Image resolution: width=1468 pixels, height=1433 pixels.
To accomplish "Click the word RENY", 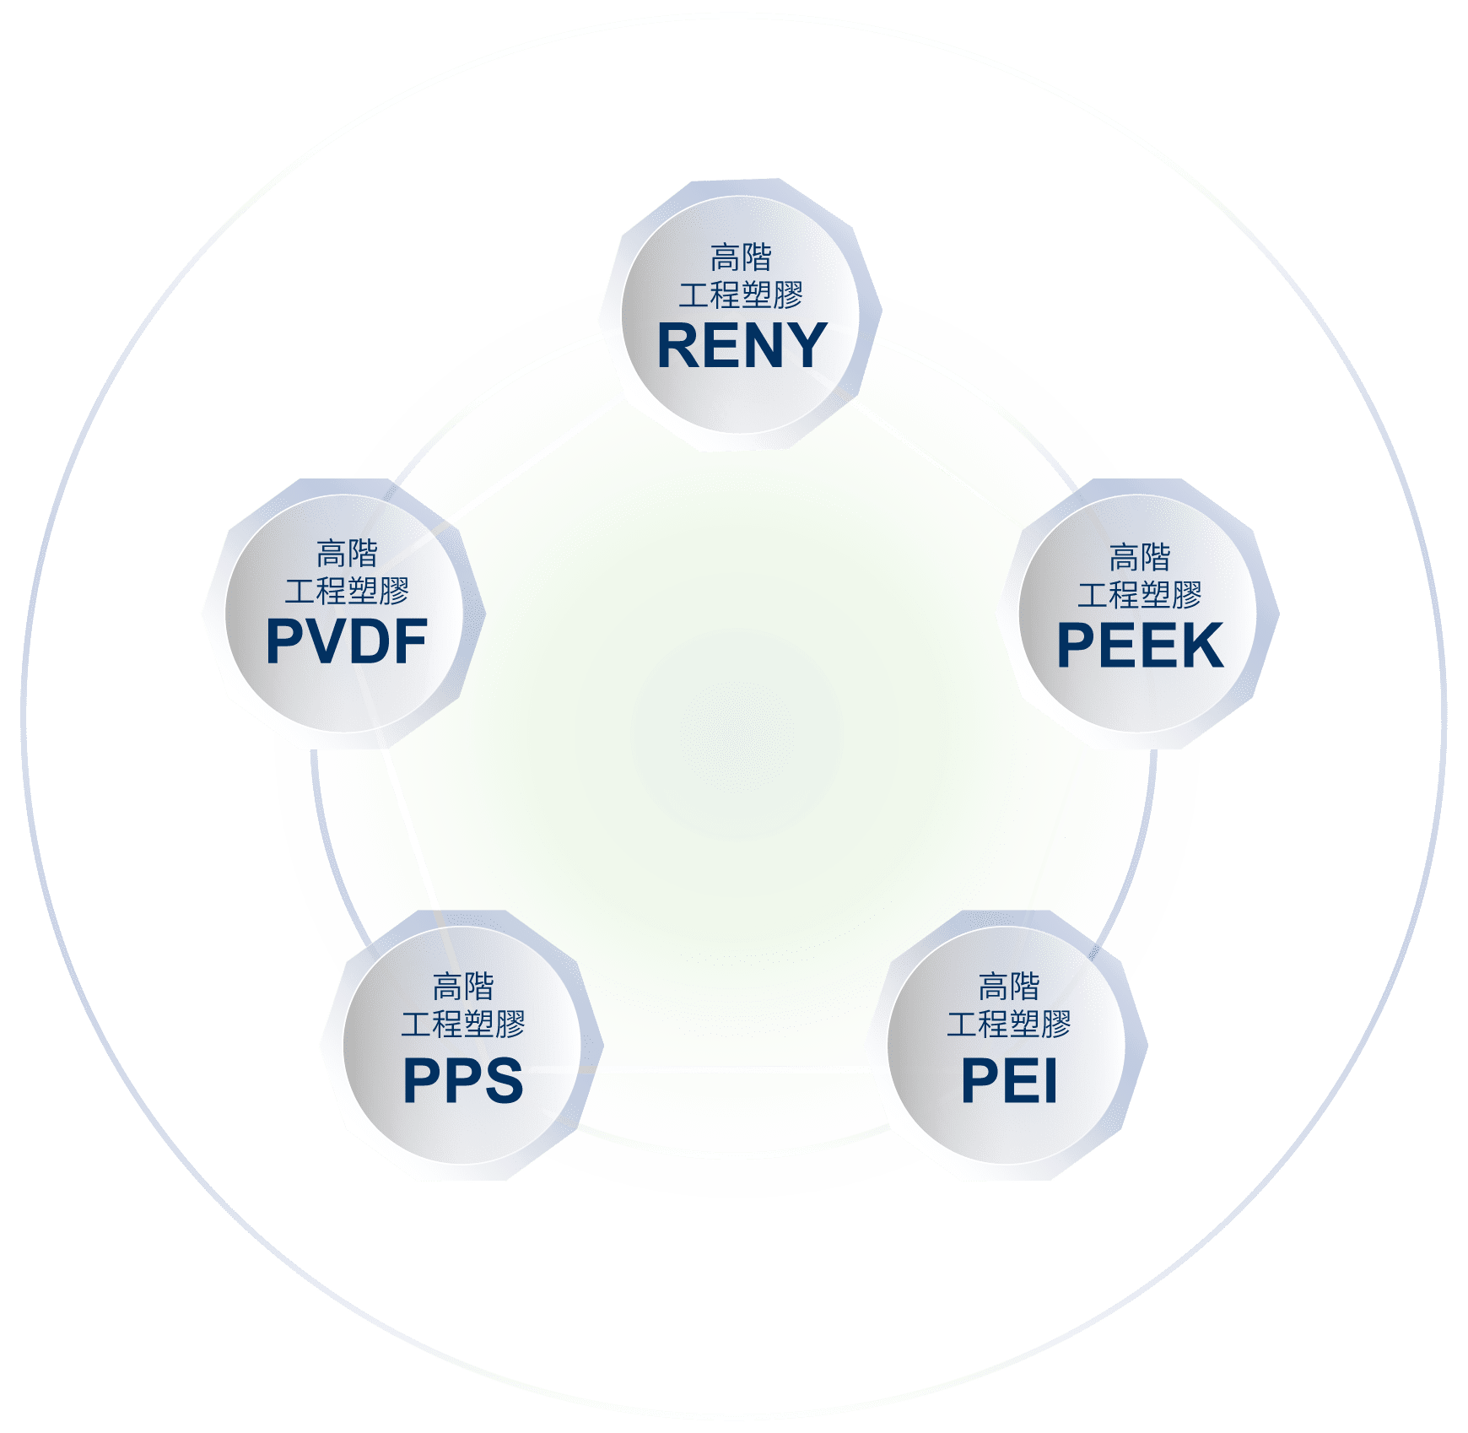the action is click(x=742, y=345).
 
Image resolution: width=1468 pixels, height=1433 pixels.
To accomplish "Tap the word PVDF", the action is click(x=347, y=641).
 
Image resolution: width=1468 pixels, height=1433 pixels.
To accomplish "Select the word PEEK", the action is click(x=1140, y=646).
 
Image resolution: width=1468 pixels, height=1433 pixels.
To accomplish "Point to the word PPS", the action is click(x=463, y=1080).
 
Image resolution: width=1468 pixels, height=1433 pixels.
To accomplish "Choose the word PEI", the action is click(x=1009, y=1080).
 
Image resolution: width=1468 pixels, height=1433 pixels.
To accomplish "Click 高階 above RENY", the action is click(x=742, y=257).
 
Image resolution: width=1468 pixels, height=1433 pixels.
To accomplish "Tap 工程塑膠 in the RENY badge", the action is click(x=742, y=295).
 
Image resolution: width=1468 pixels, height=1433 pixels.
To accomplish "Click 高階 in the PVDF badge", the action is click(x=347, y=554).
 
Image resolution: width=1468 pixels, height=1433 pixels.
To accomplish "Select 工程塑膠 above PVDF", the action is click(x=347, y=591).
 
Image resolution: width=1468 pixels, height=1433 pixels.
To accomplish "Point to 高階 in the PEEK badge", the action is click(x=1140, y=557).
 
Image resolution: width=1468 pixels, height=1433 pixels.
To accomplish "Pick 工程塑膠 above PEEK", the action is click(x=1140, y=595).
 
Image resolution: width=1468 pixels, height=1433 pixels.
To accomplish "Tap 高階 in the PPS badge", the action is click(x=463, y=986).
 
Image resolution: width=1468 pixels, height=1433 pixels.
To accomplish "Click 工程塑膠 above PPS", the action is click(x=463, y=1024).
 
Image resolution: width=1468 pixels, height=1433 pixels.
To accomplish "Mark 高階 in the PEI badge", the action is click(x=1009, y=986).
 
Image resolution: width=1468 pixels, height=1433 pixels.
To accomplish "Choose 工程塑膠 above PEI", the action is click(x=1009, y=1024).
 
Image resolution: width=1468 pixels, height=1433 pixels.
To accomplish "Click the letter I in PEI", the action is click(x=1050, y=1080).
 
